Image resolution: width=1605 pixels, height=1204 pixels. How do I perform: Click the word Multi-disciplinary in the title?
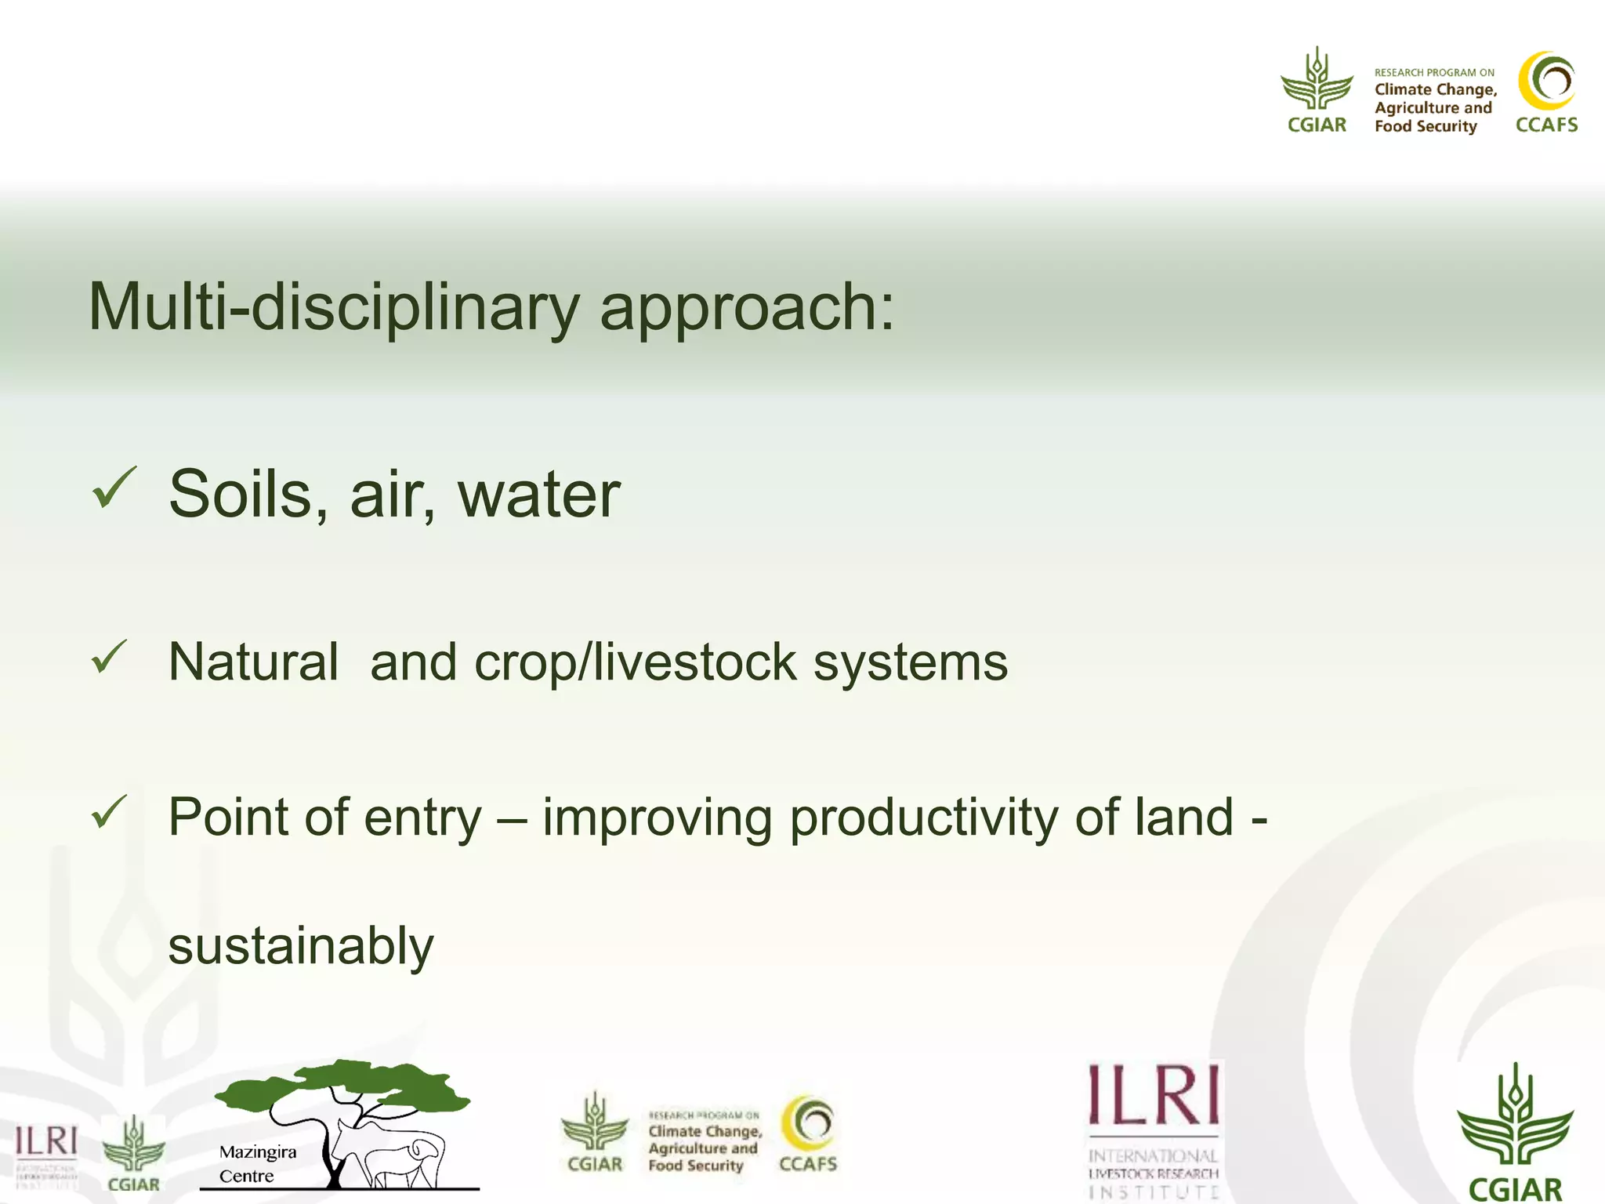[x=333, y=307]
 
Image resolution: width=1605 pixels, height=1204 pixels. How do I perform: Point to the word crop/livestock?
[x=635, y=662]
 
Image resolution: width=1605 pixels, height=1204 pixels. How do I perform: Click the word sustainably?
[x=301, y=947]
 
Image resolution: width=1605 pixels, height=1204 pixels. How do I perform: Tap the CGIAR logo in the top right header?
[x=1317, y=91]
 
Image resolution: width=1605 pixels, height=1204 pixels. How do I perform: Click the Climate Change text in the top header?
[x=1435, y=90]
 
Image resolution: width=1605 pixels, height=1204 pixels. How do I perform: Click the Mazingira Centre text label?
[x=257, y=1163]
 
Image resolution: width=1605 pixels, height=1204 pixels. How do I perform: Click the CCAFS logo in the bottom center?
[x=808, y=1133]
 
